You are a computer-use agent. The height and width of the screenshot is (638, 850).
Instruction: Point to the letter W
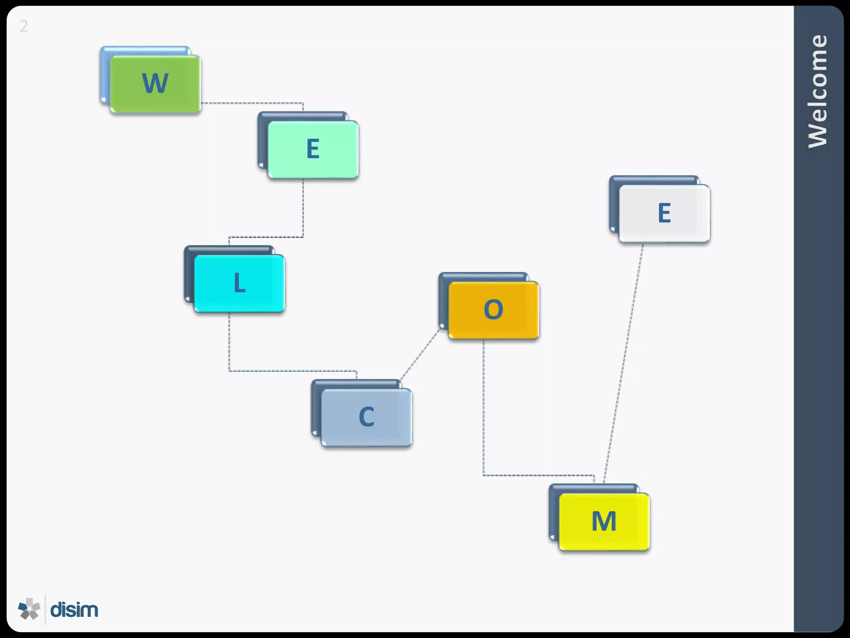pos(155,83)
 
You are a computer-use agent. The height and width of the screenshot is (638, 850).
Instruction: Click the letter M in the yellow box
pos(604,521)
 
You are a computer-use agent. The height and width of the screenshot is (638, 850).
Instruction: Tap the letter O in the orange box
pos(493,309)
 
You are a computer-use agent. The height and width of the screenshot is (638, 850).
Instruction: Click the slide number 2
pos(24,27)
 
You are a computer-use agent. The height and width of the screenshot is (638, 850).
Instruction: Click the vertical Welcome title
pos(818,91)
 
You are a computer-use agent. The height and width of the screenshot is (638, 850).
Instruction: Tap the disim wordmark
pos(74,610)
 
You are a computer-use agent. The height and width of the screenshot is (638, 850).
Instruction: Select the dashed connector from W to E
pos(253,103)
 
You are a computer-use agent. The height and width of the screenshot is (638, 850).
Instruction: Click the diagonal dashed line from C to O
pos(419,355)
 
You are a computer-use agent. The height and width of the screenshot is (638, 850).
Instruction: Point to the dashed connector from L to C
pos(291,371)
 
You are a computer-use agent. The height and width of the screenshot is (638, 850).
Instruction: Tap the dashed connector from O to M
pos(484,415)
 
